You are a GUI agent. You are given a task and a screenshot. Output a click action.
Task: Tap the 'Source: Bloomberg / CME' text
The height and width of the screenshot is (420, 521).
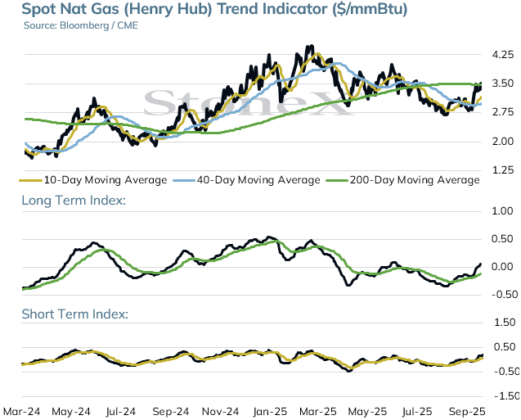[81, 25]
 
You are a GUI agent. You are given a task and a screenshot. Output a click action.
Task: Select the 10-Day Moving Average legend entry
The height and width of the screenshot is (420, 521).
[93, 180]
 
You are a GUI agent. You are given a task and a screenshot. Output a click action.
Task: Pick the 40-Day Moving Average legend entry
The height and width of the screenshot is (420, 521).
[247, 180]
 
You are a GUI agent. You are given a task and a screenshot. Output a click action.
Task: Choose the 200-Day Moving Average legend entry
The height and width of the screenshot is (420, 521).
[403, 180]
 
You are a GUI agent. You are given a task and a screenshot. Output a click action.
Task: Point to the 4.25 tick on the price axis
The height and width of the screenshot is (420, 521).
[503, 55]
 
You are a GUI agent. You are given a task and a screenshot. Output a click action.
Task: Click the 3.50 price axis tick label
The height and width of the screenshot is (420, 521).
[503, 84]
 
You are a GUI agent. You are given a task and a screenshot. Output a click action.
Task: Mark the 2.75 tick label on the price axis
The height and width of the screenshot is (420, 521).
[503, 112]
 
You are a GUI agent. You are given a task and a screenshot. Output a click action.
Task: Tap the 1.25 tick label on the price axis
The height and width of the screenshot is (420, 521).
[503, 170]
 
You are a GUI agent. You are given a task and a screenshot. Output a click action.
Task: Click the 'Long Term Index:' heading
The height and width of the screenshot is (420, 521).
[74, 201]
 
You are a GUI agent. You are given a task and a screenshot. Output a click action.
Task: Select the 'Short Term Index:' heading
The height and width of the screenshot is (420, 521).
[75, 314]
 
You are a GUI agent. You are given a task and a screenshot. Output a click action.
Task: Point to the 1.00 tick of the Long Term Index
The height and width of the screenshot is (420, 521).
[503, 211]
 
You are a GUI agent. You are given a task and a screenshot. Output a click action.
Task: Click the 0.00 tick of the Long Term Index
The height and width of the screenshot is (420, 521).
[503, 267]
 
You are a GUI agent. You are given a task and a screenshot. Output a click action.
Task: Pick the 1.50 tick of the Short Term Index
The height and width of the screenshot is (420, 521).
[505, 323]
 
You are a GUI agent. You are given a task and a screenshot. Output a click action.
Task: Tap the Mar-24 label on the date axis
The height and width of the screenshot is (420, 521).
[21, 412]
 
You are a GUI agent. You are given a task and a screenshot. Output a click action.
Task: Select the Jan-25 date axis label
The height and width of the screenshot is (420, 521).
[270, 412]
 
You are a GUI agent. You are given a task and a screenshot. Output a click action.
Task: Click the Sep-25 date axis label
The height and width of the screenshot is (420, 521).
[467, 412]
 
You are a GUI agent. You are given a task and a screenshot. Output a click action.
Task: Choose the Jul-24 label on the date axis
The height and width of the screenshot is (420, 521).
[121, 412]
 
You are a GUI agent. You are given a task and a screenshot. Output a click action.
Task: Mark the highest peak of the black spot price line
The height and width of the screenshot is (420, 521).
[311, 46]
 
